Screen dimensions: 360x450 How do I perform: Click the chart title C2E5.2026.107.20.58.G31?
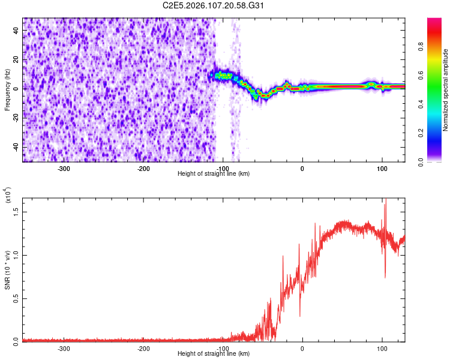point(214,5)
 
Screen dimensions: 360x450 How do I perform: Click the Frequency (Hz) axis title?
point(7,90)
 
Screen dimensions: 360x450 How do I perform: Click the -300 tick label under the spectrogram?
point(64,167)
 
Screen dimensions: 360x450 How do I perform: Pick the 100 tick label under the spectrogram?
point(382,167)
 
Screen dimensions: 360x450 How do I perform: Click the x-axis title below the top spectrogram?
point(214,173)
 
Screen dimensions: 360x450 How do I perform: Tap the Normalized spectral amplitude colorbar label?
point(445,90)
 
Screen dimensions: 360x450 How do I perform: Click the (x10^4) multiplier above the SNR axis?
point(8,196)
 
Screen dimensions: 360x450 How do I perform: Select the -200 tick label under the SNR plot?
point(143,348)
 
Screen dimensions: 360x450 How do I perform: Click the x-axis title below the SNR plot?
point(214,354)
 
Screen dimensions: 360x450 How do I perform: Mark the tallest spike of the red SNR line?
point(385,201)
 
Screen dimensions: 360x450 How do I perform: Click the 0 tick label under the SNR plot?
point(302,348)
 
